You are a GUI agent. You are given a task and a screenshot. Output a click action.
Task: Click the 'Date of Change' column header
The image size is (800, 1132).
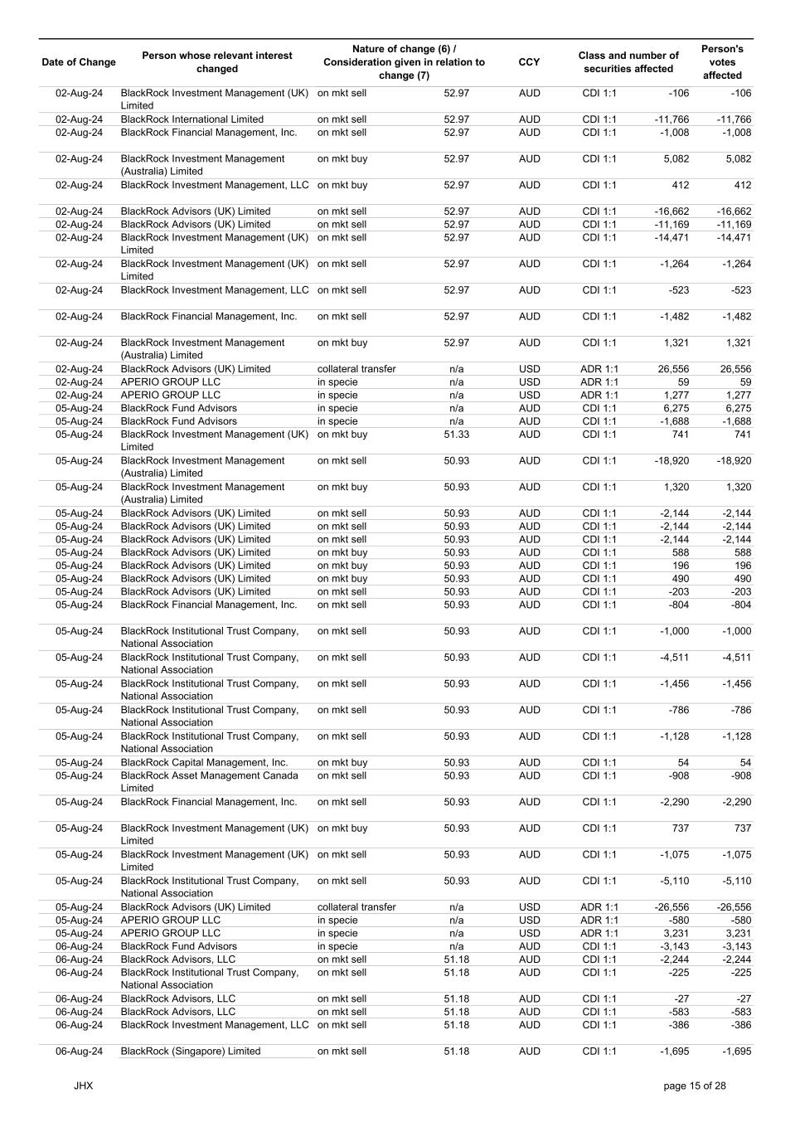tap(79, 62)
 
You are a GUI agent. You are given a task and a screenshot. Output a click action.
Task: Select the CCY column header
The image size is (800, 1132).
tap(529, 62)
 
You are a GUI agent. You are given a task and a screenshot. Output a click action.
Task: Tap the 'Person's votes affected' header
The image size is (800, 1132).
tap(722, 62)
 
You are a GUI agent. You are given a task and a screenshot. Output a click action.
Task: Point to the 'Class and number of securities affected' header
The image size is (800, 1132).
tap(628, 62)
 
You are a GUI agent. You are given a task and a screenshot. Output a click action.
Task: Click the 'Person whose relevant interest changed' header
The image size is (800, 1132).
tap(217, 62)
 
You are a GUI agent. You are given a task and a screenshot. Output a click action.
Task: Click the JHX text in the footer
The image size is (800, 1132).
tap(83, 1086)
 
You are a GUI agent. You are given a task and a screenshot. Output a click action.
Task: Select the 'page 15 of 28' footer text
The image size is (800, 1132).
tap(695, 1086)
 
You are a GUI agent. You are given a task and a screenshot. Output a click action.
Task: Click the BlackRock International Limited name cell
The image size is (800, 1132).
tap(192, 119)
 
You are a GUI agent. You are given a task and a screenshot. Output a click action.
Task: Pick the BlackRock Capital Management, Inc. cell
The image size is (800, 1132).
tap(205, 763)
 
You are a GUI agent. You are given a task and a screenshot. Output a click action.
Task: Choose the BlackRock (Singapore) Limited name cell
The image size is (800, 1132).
tap(191, 1052)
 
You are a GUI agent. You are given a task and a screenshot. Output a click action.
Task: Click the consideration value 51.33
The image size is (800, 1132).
tap(456, 435)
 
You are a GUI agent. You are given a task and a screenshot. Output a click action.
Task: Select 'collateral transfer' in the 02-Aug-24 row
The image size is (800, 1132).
tap(356, 369)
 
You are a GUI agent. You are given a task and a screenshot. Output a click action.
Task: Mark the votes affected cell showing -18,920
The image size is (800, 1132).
tap(734, 461)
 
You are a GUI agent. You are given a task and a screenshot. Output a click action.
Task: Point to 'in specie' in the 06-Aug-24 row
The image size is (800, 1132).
tap(337, 946)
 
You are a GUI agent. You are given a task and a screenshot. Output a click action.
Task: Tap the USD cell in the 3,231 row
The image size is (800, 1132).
tap(529, 933)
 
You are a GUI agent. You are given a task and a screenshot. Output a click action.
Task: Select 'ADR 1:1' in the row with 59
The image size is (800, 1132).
tap(599, 382)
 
